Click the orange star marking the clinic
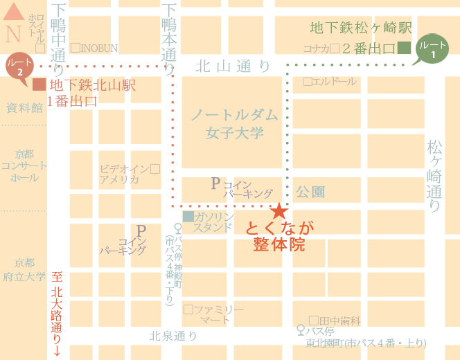[x=278, y=211]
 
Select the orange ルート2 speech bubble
[x=19, y=66]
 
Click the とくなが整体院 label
[x=280, y=236]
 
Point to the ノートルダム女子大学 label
[x=234, y=123]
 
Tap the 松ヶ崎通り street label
[x=435, y=176]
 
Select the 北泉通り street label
[x=173, y=336]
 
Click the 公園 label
[x=310, y=192]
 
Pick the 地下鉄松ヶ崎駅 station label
[x=360, y=28]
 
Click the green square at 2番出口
[x=405, y=48]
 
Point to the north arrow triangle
[x=14, y=12]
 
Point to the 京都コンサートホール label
[x=24, y=165]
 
